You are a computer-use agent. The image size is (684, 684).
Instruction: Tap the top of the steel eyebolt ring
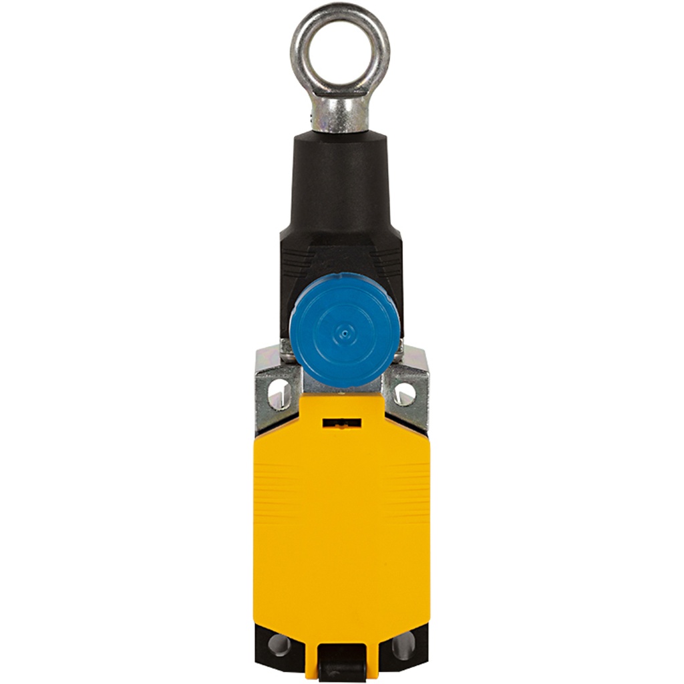[x=340, y=9]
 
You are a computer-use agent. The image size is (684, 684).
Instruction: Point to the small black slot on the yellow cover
[x=341, y=423]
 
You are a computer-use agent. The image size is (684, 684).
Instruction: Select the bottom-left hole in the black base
[x=280, y=645]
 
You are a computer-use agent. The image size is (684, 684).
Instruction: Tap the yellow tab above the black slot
[x=341, y=407]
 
